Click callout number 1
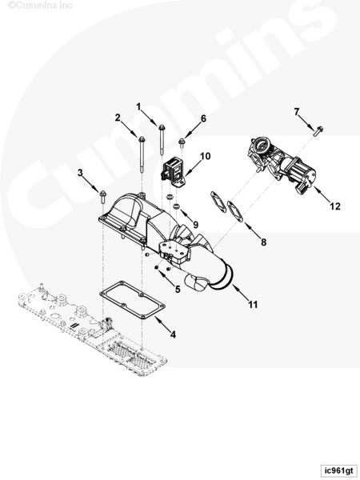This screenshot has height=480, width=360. click(x=138, y=107)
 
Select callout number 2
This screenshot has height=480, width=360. click(x=118, y=118)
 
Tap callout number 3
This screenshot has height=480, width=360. click(x=80, y=173)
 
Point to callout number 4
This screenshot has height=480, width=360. click(x=173, y=334)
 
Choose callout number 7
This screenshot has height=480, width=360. click(x=296, y=112)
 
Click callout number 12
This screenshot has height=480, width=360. click(x=335, y=206)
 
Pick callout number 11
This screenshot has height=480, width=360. click(x=253, y=305)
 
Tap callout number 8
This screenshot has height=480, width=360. click(x=263, y=242)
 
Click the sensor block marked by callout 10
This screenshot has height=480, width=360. click(x=173, y=173)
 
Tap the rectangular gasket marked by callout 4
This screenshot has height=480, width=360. click(x=132, y=300)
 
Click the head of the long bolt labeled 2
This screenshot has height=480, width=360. click(x=142, y=139)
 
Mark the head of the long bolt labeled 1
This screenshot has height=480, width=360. click(x=162, y=126)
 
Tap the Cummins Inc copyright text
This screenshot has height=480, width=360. click(x=40, y=6)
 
